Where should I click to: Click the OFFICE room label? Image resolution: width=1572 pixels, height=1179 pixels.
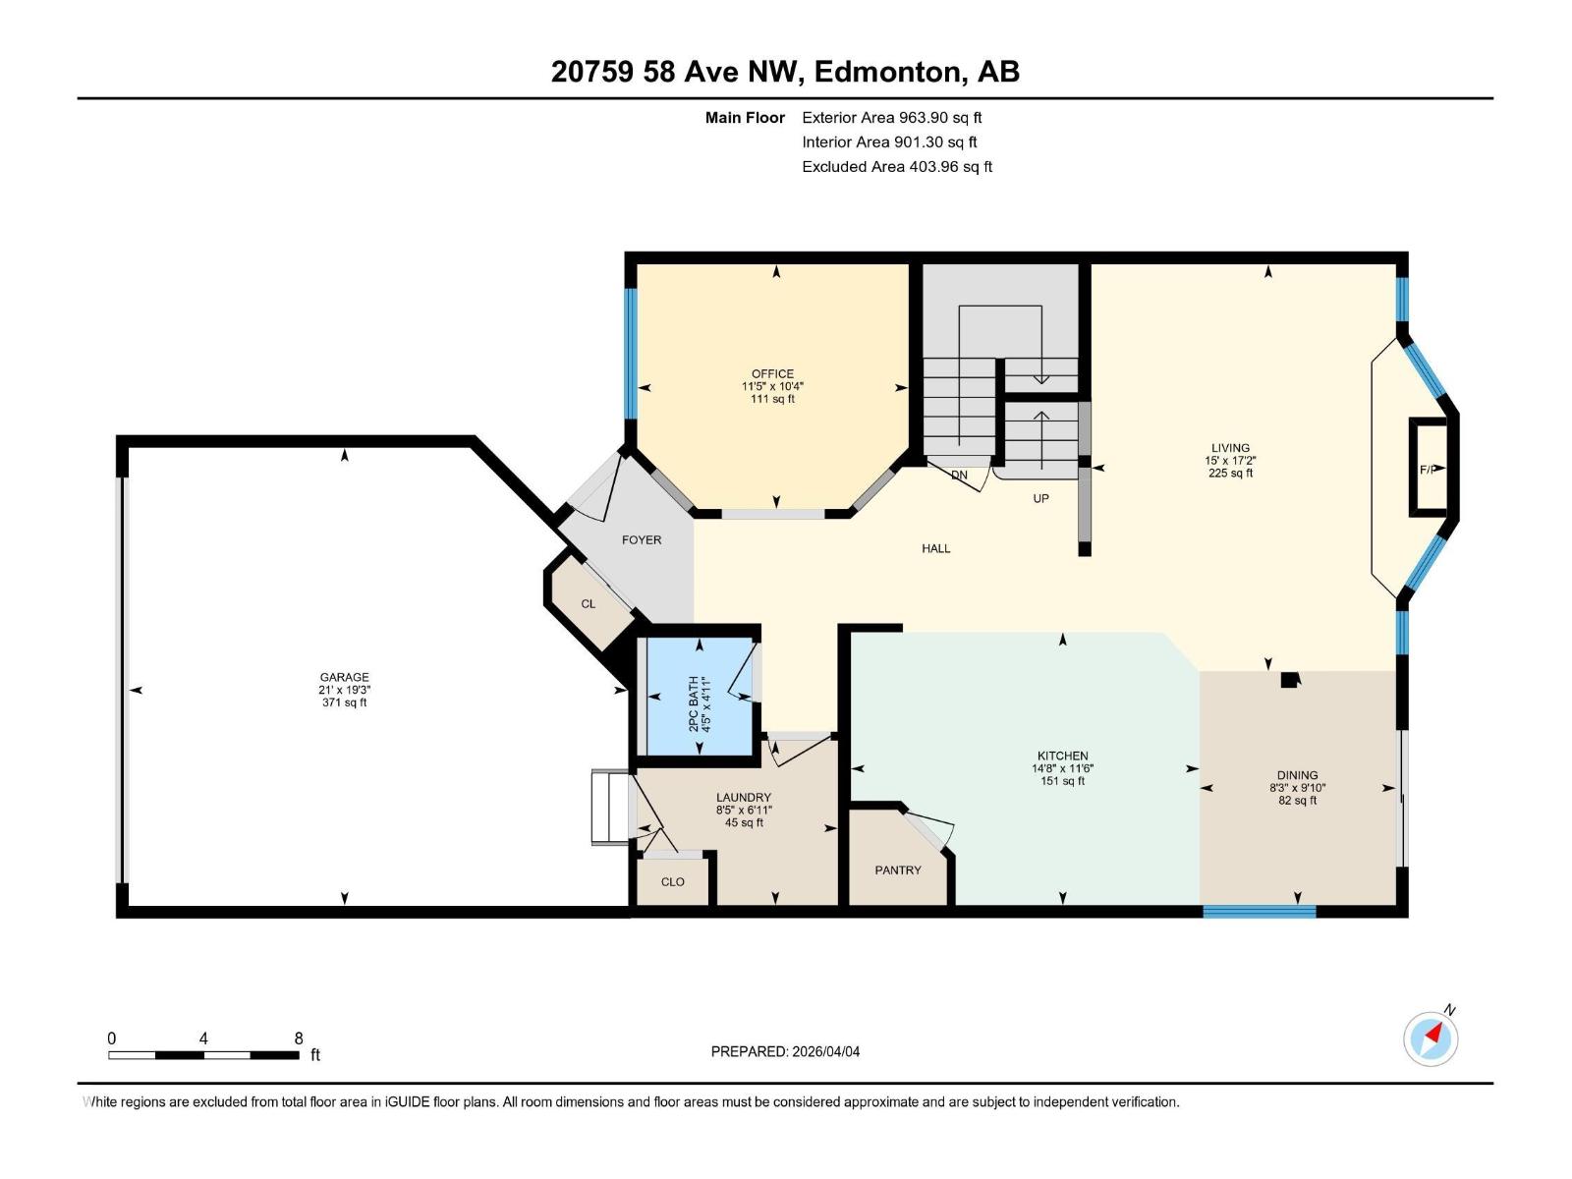[772, 373]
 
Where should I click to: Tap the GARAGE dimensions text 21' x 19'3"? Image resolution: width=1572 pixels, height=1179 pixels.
[344, 690]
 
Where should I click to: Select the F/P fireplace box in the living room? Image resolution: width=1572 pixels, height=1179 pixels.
[1429, 468]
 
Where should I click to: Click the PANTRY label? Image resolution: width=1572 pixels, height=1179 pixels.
[898, 870]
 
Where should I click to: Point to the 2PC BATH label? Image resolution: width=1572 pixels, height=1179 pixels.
[694, 703]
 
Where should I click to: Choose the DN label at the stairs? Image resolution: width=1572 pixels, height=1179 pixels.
[959, 475]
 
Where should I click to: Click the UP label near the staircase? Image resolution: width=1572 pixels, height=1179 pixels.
[1040, 498]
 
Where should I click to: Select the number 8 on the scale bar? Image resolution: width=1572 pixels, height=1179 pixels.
[299, 1039]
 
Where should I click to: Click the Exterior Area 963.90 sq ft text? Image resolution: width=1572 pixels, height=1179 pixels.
[892, 117]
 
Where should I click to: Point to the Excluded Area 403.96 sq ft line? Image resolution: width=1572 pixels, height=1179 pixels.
[896, 166]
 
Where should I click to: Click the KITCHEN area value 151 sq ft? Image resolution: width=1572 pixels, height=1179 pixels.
[1062, 781]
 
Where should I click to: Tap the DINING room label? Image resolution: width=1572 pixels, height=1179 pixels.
[1298, 774]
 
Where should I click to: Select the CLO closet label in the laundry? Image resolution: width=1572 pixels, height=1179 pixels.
[672, 881]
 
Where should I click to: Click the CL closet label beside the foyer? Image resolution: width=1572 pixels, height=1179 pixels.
[588, 603]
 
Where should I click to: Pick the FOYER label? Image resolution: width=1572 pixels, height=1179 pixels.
[642, 539]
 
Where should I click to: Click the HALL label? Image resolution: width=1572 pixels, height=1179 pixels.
[935, 548]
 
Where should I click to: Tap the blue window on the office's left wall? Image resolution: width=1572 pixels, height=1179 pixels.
[632, 353]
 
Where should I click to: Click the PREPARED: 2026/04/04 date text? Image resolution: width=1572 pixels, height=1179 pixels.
[785, 1051]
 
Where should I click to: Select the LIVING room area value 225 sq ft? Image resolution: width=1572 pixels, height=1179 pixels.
[1230, 473]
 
